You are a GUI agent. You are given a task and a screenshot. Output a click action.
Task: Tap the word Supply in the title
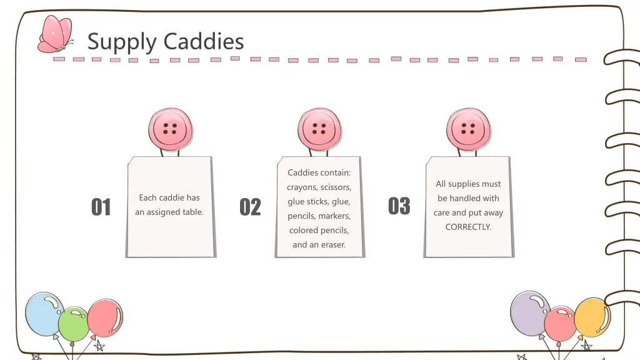(122, 42)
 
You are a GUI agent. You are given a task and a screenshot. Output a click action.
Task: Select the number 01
(101, 207)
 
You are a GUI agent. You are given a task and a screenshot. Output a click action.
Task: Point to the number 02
(250, 207)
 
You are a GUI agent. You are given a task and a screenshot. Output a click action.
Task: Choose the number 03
(399, 206)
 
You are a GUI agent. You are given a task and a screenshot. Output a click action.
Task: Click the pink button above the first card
(170, 129)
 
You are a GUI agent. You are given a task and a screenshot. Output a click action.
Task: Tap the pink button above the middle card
(319, 129)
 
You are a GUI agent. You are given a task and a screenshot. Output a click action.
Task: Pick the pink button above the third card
(468, 129)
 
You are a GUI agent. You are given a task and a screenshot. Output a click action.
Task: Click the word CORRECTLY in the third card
(468, 227)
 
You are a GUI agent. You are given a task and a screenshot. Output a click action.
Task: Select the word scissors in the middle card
(336, 187)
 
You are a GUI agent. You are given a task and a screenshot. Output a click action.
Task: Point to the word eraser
(332, 245)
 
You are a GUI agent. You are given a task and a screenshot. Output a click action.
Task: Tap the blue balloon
(44, 312)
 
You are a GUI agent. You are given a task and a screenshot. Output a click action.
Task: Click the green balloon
(74, 324)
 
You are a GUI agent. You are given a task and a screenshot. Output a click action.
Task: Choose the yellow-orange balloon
(592, 317)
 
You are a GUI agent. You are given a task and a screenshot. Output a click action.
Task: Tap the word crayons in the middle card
(302, 187)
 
